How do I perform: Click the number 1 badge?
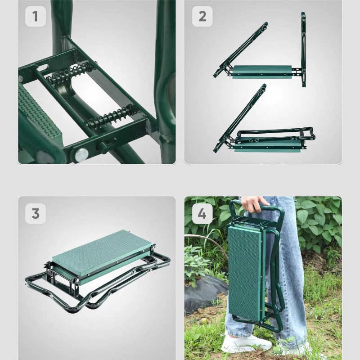click(x=36, y=16)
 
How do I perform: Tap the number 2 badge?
click(x=202, y=16)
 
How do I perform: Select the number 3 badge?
click(x=36, y=213)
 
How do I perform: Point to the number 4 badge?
click(x=202, y=213)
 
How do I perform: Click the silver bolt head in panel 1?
click(x=81, y=154)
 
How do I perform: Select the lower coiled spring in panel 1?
click(x=110, y=117)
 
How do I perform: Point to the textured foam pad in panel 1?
click(x=40, y=115)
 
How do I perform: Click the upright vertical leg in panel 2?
click(x=303, y=49)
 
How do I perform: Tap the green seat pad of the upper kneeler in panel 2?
click(x=262, y=72)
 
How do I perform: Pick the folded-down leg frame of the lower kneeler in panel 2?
click(x=275, y=135)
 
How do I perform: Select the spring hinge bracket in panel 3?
click(x=62, y=279)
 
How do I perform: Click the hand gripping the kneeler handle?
click(x=254, y=203)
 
